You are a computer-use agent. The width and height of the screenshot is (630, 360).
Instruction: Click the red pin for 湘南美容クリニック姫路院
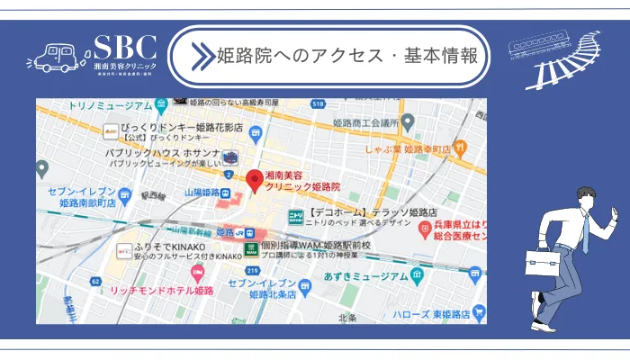[x=255, y=179]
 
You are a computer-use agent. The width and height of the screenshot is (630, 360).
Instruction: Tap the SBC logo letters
[x=125, y=48]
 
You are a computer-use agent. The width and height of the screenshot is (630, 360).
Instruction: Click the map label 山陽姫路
[x=202, y=193]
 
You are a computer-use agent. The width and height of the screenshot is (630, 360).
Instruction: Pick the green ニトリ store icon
[x=295, y=216]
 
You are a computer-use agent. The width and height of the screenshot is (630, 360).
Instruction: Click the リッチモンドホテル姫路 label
[x=161, y=292]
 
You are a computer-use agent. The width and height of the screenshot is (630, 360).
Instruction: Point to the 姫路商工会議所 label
[x=364, y=121]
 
